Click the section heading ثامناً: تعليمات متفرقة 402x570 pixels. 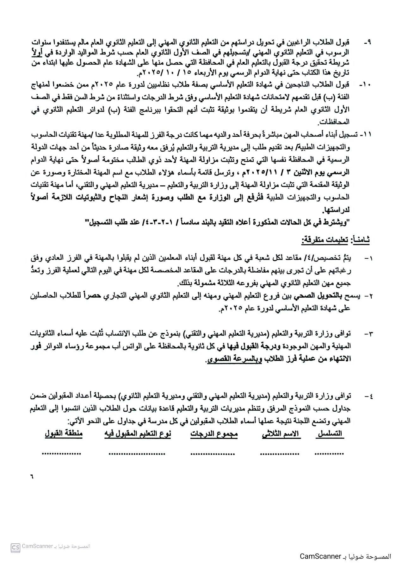coord(335,241)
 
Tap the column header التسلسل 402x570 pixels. coord(330,434)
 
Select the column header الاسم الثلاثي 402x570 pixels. coord(281,434)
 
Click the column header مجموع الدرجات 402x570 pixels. coord(214,434)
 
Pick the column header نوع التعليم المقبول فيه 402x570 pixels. coord(138,434)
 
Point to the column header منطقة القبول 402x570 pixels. coord(63,434)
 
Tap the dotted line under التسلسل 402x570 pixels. coord(329,453)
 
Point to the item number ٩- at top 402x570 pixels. coord(367,42)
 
